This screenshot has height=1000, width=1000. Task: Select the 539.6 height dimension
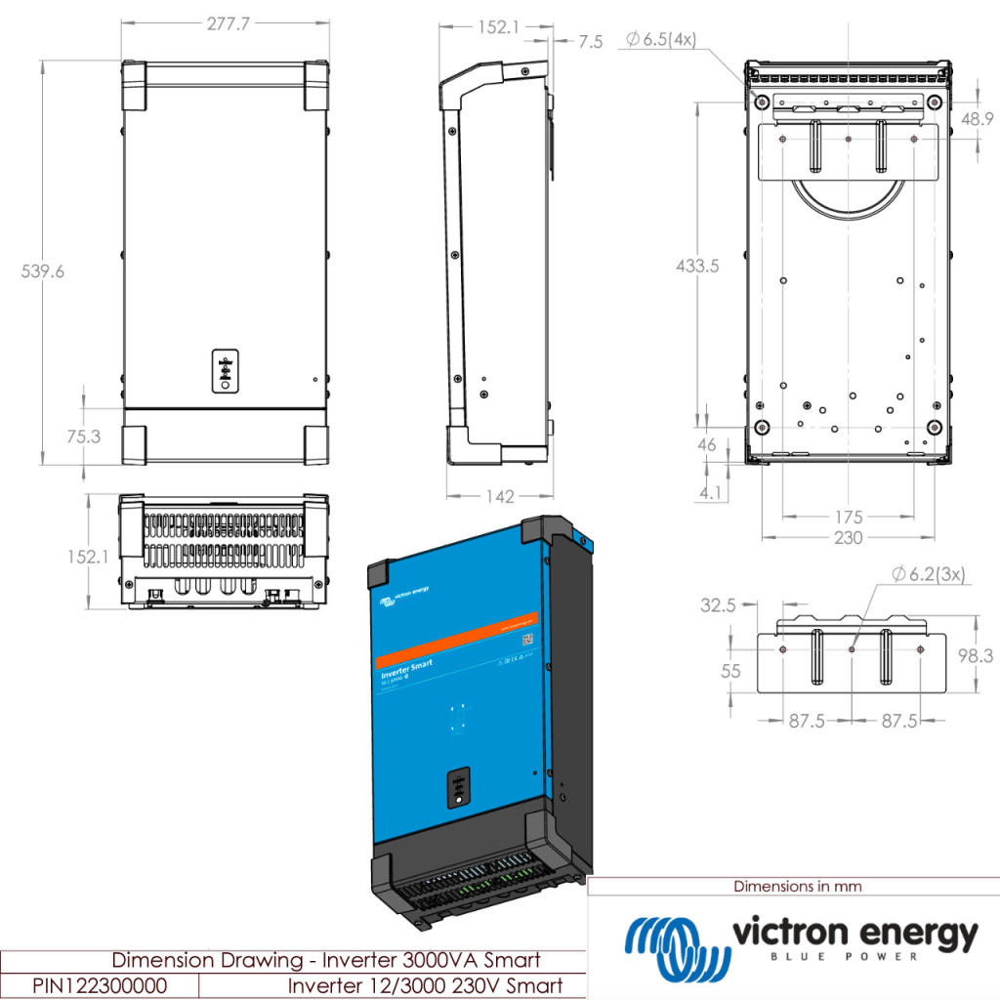43,271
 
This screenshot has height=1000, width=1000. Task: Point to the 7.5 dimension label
591,41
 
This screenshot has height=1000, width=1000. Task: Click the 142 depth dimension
500,497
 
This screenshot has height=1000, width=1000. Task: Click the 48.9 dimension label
977,119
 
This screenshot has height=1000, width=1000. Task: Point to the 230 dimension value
849,537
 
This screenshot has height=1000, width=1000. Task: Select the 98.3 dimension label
977,656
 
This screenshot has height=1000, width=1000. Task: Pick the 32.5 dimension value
718,605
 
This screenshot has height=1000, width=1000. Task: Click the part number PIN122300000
99,985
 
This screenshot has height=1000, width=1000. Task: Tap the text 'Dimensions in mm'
798,887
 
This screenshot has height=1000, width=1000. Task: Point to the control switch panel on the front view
225,370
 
